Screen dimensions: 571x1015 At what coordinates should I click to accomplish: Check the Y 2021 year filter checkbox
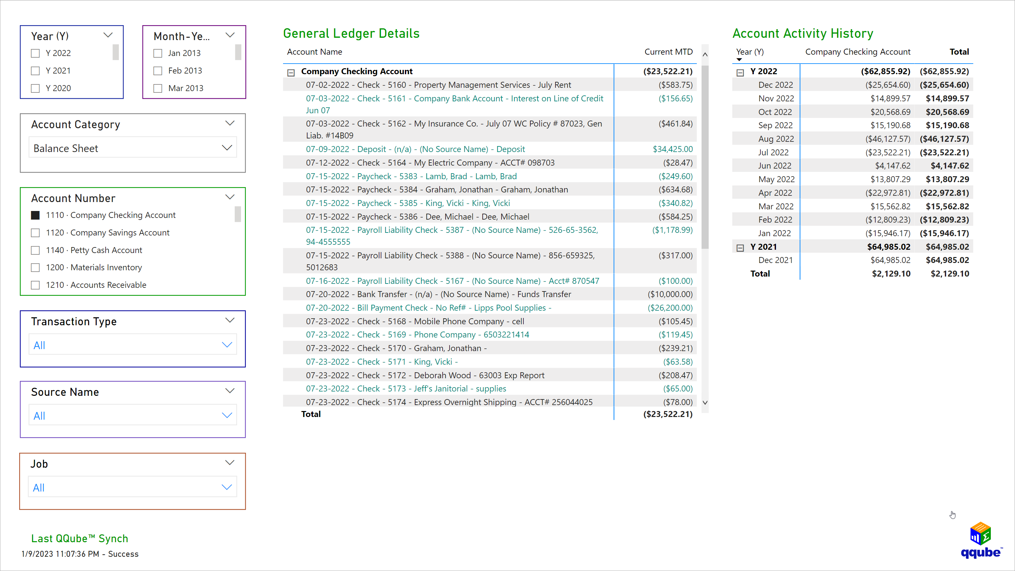coord(35,71)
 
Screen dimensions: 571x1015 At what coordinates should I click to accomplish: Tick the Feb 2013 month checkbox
coord(158,71)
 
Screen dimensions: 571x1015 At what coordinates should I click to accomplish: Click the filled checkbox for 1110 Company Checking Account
coord(35,215)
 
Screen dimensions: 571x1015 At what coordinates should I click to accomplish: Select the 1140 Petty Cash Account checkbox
coord(35,250)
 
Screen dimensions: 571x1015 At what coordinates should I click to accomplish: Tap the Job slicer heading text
coord(39,464)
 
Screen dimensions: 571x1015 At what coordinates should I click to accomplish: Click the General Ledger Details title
coord(351,33)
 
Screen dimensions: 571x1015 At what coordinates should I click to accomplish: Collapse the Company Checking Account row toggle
coord(291,73)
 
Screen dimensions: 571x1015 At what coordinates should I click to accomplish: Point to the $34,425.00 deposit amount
coord(672,149)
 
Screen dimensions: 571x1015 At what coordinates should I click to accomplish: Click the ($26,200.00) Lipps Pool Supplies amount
coord(670,308)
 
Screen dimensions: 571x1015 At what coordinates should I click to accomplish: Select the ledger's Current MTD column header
coord(668,52)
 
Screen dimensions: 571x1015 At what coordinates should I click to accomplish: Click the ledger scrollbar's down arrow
coord(705,403)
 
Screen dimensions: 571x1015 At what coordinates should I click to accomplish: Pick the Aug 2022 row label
coord(776,139)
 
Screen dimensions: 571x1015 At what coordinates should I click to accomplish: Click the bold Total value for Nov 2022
coord(947,98)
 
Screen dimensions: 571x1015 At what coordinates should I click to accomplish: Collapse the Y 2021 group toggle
coord(740,248)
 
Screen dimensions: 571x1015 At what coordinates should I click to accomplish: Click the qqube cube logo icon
coord(980,533)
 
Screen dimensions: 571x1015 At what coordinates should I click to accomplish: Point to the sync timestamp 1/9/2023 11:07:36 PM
coord(60,554)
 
